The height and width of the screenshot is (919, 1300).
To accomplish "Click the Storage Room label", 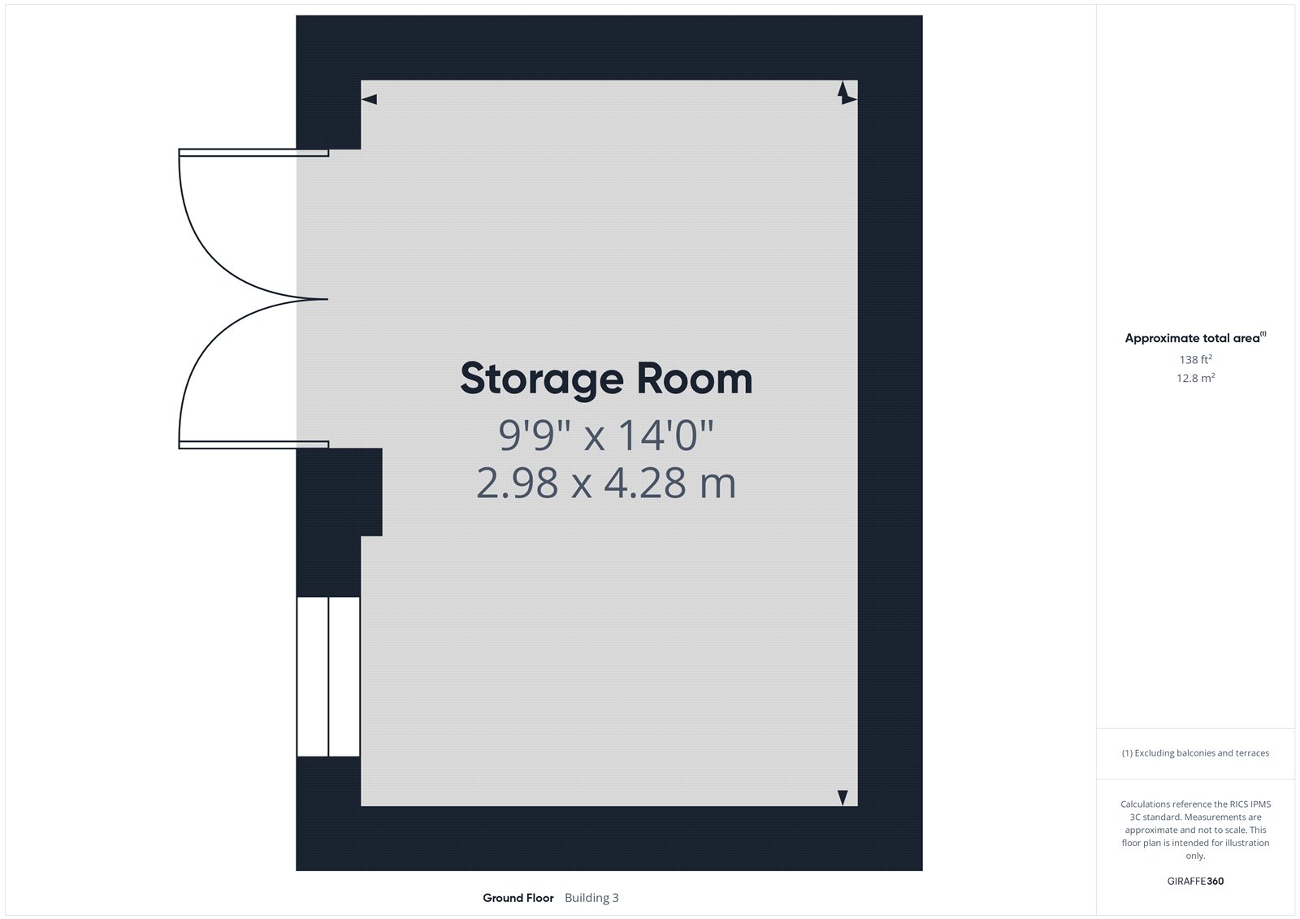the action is click(x=606, y=379).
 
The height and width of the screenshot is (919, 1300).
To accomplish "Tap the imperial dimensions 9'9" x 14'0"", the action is click(x=606, y=435).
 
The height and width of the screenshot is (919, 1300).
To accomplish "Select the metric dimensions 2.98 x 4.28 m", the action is click(x=606, y=483).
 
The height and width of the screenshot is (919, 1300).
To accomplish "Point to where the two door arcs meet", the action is click(x=327, y=299).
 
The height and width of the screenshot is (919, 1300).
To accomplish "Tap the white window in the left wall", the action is click(x=328, y=676).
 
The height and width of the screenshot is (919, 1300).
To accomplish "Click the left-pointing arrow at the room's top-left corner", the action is click(x=369, y=99).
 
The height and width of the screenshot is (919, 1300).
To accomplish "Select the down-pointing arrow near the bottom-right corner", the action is click(x=843, y=798).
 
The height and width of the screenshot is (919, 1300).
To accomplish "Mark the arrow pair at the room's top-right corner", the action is click(x=846, y=93).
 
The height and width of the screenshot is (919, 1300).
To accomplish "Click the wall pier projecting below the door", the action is click(x=340, y=492).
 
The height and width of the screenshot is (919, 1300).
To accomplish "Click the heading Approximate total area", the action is click(x=1192, y=339).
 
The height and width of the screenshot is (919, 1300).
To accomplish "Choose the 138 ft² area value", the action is click(x=1195, y=359).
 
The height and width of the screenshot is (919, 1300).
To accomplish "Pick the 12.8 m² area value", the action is click(x=1195, y=378).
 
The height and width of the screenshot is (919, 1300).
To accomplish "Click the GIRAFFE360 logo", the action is click(x=1195, y=881).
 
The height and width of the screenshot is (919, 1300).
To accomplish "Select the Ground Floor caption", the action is click(x=518, y=898).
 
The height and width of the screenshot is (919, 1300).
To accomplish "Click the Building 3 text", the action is click(x=591, y=898).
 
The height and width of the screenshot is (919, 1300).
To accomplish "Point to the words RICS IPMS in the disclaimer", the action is click(x=1250, y=804).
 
